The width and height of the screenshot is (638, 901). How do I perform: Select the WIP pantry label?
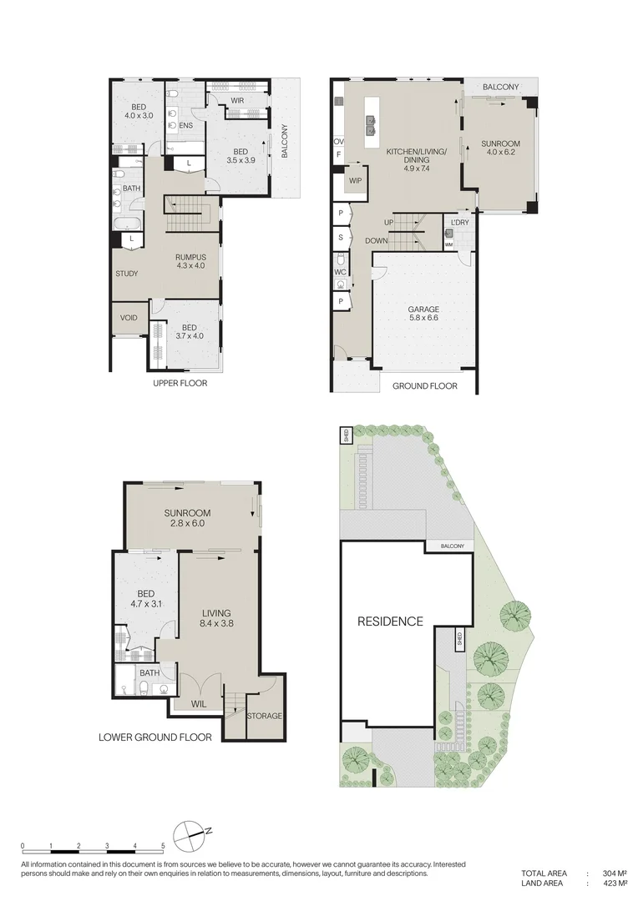click(355, 180)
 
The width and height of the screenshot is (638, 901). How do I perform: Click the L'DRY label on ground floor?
click(458, 223)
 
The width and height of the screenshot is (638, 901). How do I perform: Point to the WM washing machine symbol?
click(449, 244)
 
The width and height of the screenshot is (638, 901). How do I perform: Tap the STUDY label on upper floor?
click(127, 274)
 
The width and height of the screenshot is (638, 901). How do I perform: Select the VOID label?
click(129, 318)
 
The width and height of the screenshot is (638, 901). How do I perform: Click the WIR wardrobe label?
click(237, 101)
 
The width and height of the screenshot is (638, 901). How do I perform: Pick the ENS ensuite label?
click(186, 126)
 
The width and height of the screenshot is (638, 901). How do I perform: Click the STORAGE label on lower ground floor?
click(265, 716)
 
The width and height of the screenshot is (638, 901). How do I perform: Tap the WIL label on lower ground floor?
click(199, 704)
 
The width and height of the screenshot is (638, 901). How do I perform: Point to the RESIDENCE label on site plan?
click(390, 622)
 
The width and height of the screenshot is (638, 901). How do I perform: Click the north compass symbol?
click(193, 833)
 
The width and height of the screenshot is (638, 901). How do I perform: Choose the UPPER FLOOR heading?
click(180, 384)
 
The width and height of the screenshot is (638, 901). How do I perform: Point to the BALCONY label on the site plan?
click(449, 546)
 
